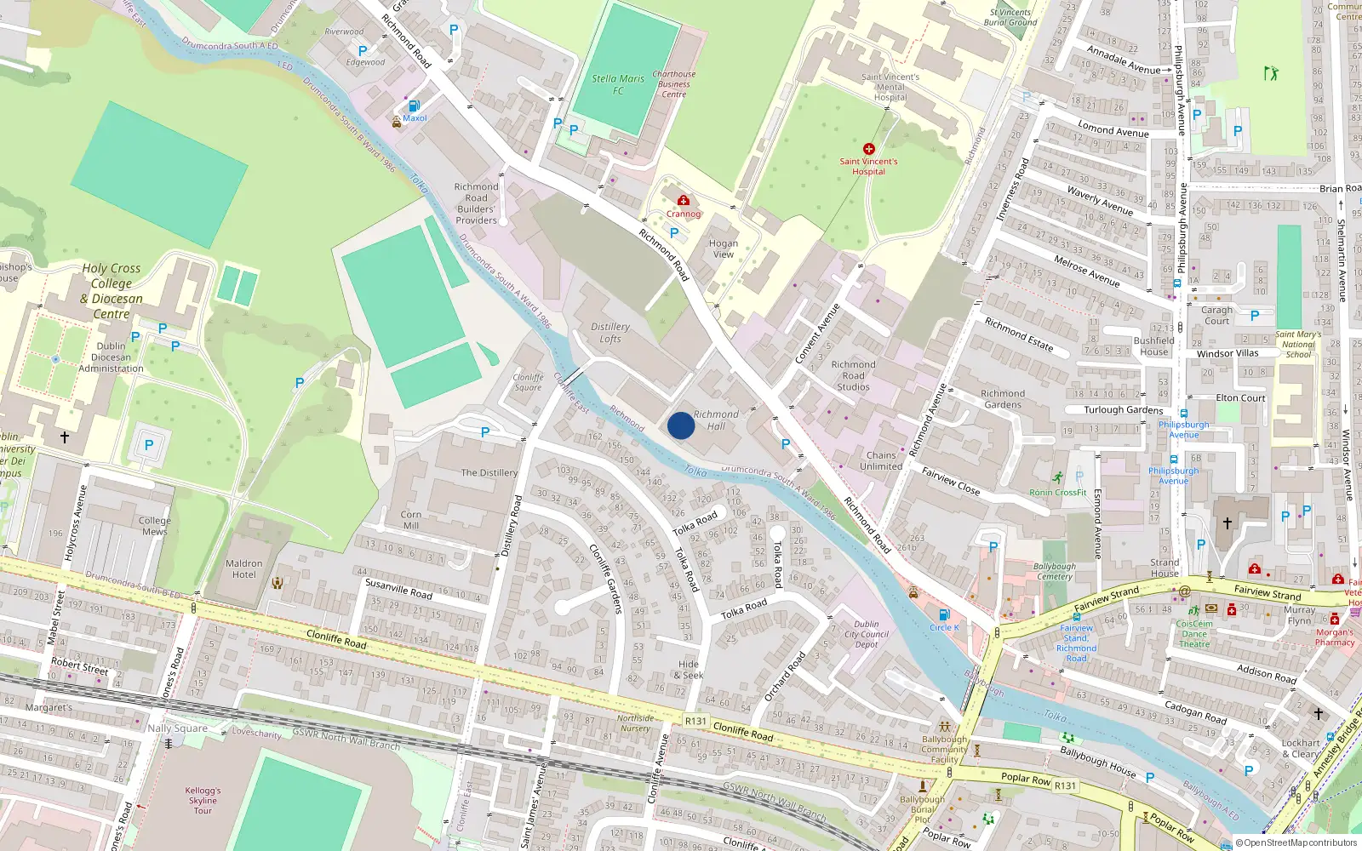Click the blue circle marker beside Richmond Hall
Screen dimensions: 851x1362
(x=681, y=425)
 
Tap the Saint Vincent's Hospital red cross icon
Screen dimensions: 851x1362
(x=869, y=149)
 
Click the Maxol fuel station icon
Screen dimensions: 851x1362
(x=414, y=106)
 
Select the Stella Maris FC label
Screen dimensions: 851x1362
(x=618, y=84)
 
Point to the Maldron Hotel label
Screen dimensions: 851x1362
(x=244, y=568)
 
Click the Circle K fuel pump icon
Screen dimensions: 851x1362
(x=943, y=615)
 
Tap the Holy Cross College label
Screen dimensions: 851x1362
(x=112, y=291)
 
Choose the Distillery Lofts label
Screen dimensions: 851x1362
(x=610, y=333)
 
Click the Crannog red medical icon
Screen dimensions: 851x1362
(x=684, y=201)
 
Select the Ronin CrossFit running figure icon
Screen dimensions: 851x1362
(x=1057, y=478)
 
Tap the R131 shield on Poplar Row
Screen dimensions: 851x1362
(x=1065, y=785)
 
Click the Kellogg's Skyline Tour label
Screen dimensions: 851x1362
(x=203, y=800)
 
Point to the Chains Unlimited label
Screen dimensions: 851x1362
(x=881, y=460)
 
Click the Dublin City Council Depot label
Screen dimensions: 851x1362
(x=867, y=634)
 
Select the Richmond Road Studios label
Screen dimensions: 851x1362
(x=853, y=375)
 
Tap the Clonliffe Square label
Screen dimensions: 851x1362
(x=528, y=382)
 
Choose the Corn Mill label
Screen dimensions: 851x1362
(x=411, y=520)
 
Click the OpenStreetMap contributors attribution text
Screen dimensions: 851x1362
(x=1296, y=842)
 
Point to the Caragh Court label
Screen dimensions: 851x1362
(x=1216, y=315)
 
